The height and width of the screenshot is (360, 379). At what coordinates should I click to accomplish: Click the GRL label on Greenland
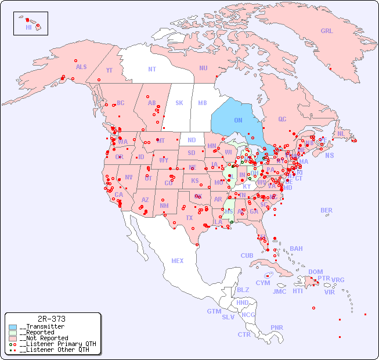click(327, 31)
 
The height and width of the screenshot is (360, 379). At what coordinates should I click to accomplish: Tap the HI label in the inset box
click(28, 27)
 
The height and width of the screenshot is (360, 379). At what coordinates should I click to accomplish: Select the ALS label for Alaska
click(81, 67)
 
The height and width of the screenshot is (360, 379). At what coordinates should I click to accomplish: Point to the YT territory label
click(109, 70)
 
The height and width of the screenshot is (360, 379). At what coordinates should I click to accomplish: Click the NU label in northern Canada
click(203, 68)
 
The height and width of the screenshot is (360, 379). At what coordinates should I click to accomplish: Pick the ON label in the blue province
click(238, 120)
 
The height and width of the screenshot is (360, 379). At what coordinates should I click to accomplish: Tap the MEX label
click(178, 261)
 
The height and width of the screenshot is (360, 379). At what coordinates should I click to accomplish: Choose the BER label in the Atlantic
click(326, 210)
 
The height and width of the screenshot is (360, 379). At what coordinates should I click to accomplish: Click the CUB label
click(247, 255)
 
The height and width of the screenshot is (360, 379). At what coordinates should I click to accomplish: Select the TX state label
click(189, 218)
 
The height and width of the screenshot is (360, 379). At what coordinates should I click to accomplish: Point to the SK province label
click(179, 103)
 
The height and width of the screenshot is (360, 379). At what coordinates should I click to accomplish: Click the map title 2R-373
click(51, 319)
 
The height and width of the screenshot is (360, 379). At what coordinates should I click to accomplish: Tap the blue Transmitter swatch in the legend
click(13, 327)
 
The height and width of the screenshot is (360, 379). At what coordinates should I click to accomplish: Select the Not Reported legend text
click(44, 338)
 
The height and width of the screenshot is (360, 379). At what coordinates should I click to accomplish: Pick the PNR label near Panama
click(277, 327)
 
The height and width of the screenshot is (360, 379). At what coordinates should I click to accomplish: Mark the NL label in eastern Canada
click(341, 133)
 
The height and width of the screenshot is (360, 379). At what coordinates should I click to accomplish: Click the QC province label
click(282, 119)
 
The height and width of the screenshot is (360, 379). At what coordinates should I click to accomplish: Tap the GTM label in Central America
click(214, 311)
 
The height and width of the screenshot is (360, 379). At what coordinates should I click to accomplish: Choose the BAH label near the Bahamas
click(296, 249)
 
